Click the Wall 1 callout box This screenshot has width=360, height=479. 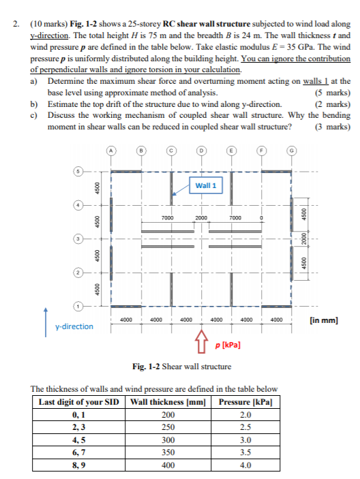pyautogui.click(x=205, y=185)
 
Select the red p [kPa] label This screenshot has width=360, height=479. pyautogui.click(x=227, y=345)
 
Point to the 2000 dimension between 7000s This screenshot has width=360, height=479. pyautogui.click(x=201, y=217)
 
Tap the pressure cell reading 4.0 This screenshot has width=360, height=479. pyautogui.click(x=246, y=466)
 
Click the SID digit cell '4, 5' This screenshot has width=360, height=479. pyautogui.click(x=79, y=440)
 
